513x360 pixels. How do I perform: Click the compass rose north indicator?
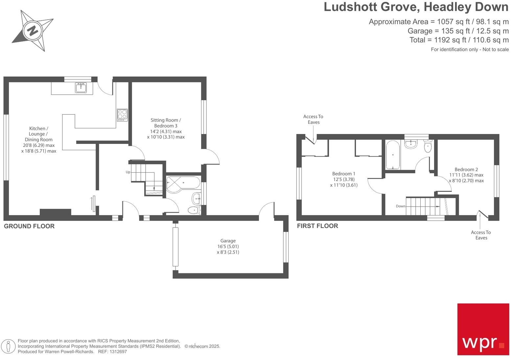(33, 31)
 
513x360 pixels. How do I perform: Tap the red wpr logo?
(483, 329)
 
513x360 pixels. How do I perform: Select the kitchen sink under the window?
(81, 88)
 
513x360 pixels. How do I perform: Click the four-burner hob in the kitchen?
(122, 115)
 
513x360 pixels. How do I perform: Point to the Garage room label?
(228, 246)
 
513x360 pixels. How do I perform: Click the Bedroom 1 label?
(344, 179)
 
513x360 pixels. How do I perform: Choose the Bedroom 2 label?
(466, 175)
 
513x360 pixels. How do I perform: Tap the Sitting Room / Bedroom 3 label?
(166, 128)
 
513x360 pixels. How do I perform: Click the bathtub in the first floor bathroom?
(393, 155)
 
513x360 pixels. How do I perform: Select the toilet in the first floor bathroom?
(428, 146)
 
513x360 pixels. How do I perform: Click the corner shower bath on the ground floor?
(182, 184)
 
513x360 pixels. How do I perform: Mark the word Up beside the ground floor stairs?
(128, 172)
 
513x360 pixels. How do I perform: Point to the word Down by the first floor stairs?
(401, 206)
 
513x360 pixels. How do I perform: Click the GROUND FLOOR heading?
(29, 226)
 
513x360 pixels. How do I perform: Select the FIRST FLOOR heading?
(317, 226)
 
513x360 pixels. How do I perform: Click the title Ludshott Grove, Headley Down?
(416, 7)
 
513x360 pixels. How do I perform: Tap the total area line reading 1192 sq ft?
(459, 40)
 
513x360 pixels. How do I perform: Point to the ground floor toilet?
(194, 210)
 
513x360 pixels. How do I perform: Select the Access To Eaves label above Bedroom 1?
(313, 119)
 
